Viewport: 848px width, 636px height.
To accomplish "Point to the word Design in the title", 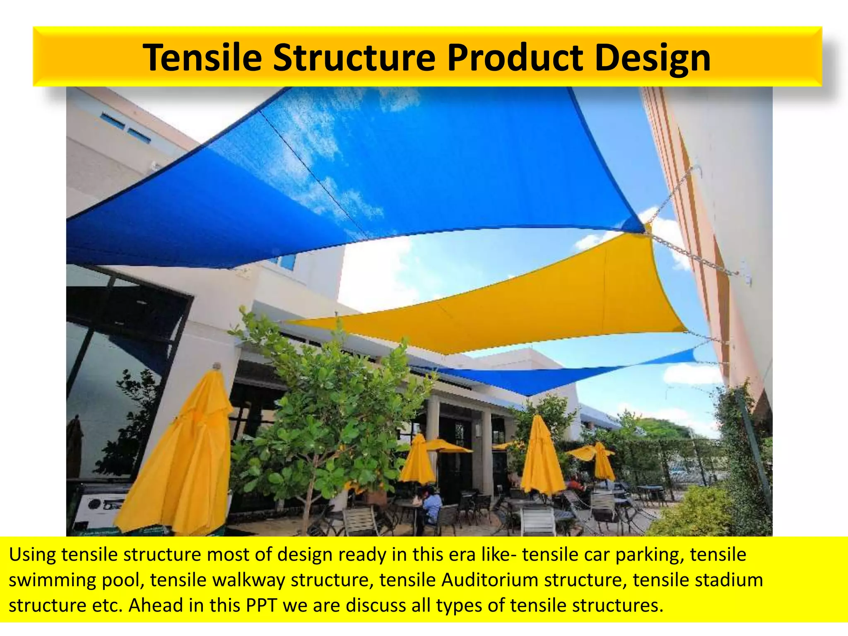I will click(652, 59).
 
